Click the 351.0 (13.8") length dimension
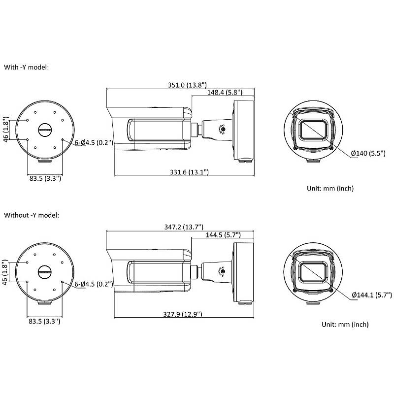(187, 85)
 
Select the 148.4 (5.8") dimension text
(225, 92)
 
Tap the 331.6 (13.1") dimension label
(189, 172)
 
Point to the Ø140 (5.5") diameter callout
(368, 153)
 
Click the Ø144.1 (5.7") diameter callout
(372, 295)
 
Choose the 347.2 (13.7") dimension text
(184, 227)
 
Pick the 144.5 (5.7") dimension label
(223, 235)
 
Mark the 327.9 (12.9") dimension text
(183, 314)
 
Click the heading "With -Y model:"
(27, 67)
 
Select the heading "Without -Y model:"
(32, 215)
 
